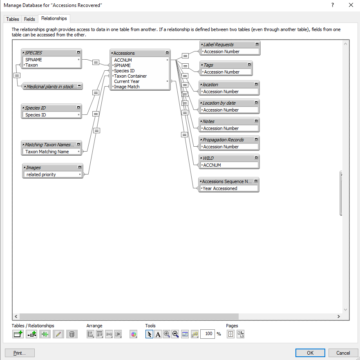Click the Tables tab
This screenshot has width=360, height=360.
coord(12,19)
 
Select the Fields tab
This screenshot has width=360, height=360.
coord(29,19)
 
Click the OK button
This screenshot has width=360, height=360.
coord(310,353)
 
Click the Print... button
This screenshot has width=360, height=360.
coord(20,353)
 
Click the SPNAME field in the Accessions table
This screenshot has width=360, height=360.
coord(122,65)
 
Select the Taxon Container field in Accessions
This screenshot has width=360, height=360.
coord(130,76)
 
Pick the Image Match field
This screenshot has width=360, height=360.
coord(127,87)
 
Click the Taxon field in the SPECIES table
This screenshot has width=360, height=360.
coord(31,65)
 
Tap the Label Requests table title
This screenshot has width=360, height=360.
coord(218,45)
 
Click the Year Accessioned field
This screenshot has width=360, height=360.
coord(220,188)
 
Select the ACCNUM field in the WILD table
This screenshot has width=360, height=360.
coord(212,165)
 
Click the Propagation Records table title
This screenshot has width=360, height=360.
coord(223,140)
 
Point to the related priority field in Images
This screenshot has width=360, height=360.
coord(41,174)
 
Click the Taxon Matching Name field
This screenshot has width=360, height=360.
coord(47,152)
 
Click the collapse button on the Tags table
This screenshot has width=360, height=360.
coord(249,65)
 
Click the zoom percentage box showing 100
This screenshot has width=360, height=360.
coord(208,334)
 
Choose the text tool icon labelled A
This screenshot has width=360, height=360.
coord(158,334)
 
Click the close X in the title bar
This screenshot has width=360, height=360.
coord(351,5)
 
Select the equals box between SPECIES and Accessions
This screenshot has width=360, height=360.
coord(96,62)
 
